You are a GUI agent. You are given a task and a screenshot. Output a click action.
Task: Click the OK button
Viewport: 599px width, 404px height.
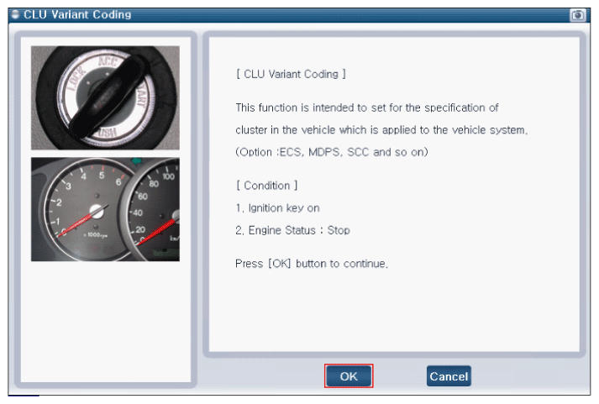pyautogui.click(x=349, y=376)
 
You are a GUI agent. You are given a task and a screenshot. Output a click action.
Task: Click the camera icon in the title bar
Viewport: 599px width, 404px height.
pyautogui.click(x=578, y=15)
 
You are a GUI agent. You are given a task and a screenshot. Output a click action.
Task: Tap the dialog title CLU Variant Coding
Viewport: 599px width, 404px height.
pyautogui.click(x=77, y=14)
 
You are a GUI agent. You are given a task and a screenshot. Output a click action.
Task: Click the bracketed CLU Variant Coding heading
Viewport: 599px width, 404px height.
pyautogui.click(x=291, y=74)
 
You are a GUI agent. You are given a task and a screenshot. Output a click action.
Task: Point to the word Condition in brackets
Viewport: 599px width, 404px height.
pyautogui.click(x=266, y=186)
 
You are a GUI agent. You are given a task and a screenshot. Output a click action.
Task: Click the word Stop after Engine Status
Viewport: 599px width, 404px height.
pyautogui.click(x=339, y=230)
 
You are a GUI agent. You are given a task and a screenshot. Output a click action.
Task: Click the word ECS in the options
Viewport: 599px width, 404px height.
pyautogui.click(x=290, y=152)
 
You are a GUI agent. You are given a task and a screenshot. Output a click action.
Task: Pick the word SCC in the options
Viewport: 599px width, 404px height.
pyautogui.click(x=358, y=152)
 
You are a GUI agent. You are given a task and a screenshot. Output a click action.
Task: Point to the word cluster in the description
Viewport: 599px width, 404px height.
pyautogui.click(x=251, y=130)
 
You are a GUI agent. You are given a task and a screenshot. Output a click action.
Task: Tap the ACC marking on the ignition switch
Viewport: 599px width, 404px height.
pyautogui.click(x=108, y=61)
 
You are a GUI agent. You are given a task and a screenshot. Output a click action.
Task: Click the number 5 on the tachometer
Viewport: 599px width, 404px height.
pyautogui.click(x=102, y=175)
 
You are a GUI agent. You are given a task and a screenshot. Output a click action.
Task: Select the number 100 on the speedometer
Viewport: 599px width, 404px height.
pyautogui.click(x=169, y=176)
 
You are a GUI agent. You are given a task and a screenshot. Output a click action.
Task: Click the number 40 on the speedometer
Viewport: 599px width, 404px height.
pyautogui.click(x=138, y=212)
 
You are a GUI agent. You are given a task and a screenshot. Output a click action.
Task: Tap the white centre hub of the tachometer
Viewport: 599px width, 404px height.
pyautogui.click(x=97, y=211)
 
